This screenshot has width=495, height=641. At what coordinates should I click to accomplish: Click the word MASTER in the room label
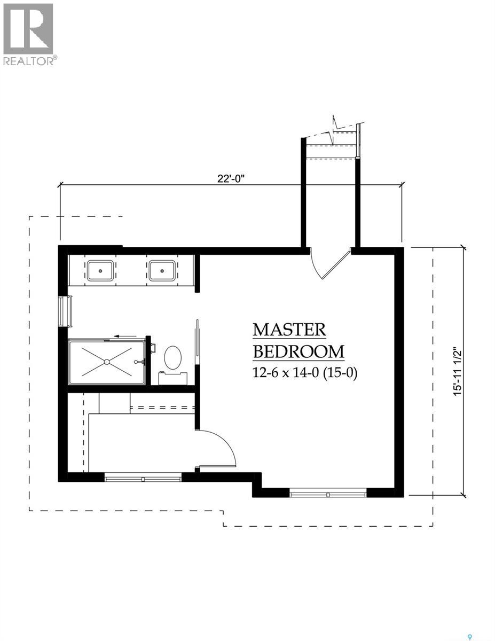[x=289, y=330]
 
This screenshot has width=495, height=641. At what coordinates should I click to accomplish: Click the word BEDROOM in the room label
[x=298, y=352]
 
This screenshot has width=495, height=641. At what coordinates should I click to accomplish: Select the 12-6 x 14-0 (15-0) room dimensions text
[x=304, y=372]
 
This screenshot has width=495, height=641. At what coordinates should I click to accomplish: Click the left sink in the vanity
[x=99, y=270]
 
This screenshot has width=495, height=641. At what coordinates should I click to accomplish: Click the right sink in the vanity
[x=161, y=270]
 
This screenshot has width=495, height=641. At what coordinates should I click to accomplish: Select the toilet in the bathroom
[x=172, y=359]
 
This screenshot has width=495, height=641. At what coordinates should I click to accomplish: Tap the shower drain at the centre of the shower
[x=107, y=362]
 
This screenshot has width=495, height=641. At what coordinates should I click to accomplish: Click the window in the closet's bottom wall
[x=143, y=478]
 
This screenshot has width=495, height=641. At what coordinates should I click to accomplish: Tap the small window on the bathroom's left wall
[x=67, y=311]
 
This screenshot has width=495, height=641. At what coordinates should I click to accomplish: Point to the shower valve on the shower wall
[x=141, y=362]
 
